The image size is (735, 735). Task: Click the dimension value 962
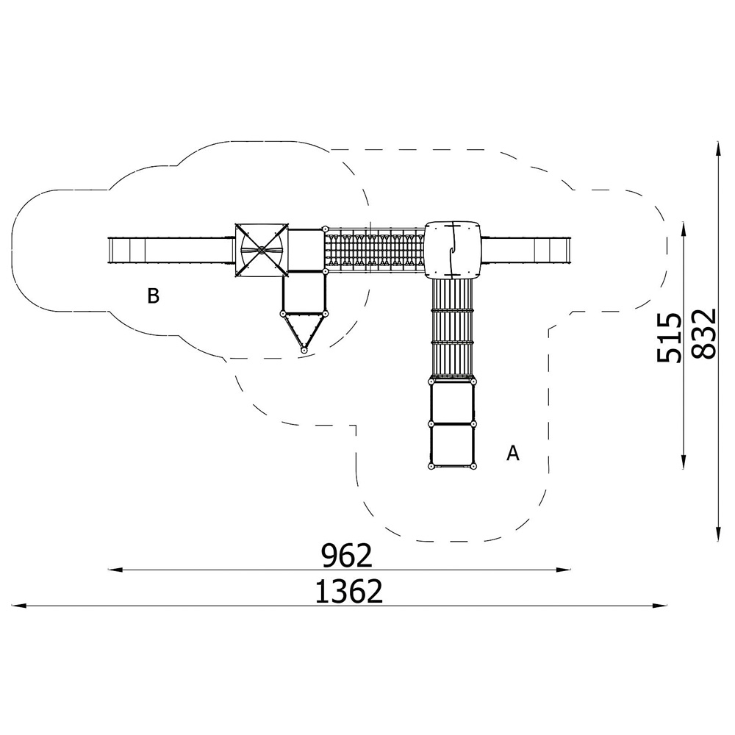(346, 556)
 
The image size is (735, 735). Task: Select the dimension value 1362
(348, 592)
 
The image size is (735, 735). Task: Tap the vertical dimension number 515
(669, 337)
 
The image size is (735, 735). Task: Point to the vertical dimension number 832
(705, 333)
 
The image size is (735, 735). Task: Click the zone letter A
(513, 453)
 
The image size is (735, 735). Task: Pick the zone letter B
(153, 296)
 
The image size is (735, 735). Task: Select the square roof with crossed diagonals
(261, 251)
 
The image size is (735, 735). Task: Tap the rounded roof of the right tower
(453, 250)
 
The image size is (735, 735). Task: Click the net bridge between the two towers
(375, 251)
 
